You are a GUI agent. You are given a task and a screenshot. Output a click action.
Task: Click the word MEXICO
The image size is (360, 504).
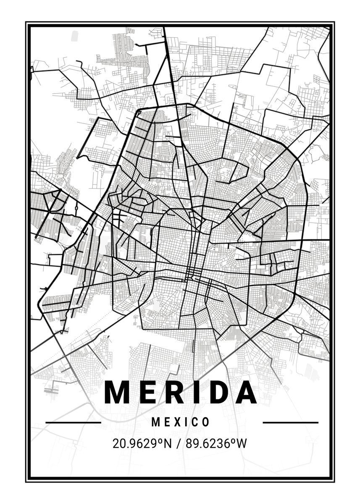[181, 422]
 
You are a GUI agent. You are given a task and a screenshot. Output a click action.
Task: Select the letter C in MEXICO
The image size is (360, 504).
[195, 422]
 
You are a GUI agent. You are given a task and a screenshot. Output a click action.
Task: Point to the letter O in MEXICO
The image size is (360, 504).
[206, 422]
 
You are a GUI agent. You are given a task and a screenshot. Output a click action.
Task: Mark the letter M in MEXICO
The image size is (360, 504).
[155, 422]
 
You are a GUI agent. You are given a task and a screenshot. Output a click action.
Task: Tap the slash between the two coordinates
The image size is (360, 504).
[180, 443]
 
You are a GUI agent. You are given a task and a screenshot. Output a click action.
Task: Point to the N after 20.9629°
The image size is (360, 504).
[168, 443]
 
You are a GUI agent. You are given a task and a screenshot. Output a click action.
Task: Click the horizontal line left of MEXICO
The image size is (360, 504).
[73, 422]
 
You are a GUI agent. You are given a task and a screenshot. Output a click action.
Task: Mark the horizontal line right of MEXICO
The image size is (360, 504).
[290, 422]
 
